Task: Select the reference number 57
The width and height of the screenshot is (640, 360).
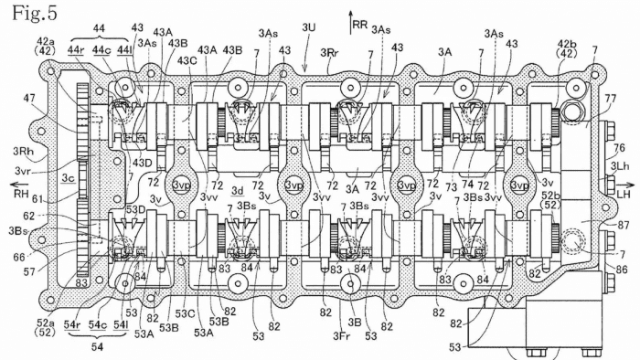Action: tap(33, 272)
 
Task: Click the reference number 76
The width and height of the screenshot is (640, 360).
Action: tap(618, 149)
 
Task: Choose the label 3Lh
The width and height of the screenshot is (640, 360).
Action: tap(619, 167)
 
